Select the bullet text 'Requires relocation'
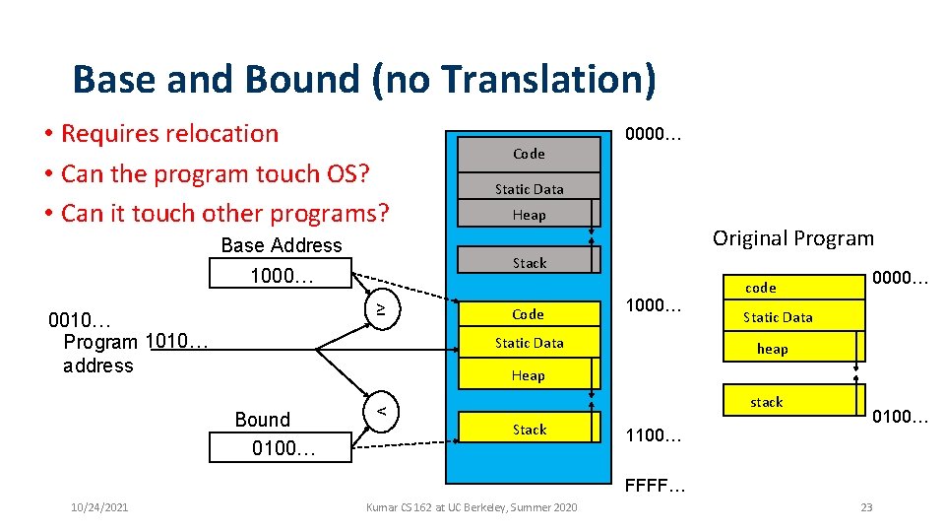click(x=169, y=133)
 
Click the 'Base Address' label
click(x=282, y=245)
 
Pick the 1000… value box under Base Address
click(x=281, y=275)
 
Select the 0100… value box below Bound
click(x=282, y=448)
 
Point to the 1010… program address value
click(x=176, y=341)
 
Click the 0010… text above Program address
click(x=80, y=321)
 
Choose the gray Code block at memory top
click(x=529, y=154)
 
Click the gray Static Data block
click(x=529, y=189)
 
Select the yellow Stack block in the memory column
click(x=529, y=430)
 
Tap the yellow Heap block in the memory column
click(x=529, y=375)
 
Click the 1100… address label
click(x=655, y=434)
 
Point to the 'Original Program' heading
click(x=792, y=238)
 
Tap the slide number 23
click(x=866, y=506)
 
